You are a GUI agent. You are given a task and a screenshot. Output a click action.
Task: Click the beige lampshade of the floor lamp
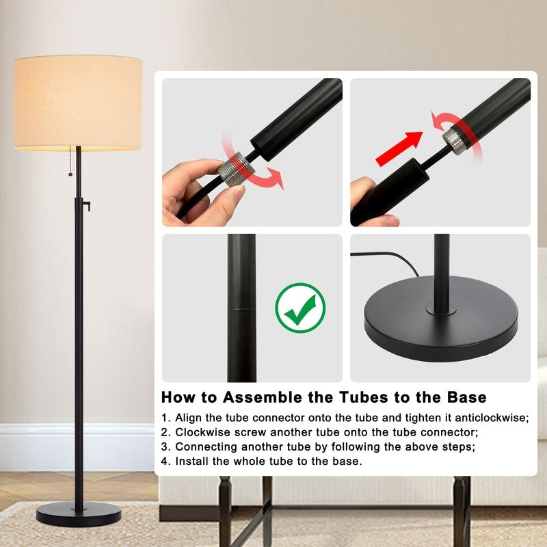(78, 103)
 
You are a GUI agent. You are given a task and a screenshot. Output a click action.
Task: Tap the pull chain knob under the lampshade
(70, 174)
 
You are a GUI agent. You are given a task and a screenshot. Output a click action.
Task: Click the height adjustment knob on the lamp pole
(87, 206)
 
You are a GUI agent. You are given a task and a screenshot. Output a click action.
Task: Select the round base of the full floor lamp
(79, 514)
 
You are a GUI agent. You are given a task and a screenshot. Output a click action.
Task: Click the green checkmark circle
(300, 308)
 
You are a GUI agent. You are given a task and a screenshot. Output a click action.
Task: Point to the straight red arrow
(399, 148)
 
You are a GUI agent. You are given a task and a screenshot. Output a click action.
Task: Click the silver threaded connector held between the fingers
(237, 169)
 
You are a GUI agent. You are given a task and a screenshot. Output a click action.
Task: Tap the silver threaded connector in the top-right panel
(455, 141)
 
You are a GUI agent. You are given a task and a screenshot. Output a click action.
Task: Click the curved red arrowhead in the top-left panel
(277, 178)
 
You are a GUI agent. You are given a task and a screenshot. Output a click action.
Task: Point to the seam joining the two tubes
(242, 308)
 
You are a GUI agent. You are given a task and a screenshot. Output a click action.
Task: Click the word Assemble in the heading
(263, 397)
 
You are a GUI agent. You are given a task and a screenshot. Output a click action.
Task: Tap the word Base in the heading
(467, 397)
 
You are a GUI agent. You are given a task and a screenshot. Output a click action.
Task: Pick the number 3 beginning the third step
(164, 447)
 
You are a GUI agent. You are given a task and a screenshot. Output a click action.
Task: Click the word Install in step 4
(192, 461)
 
